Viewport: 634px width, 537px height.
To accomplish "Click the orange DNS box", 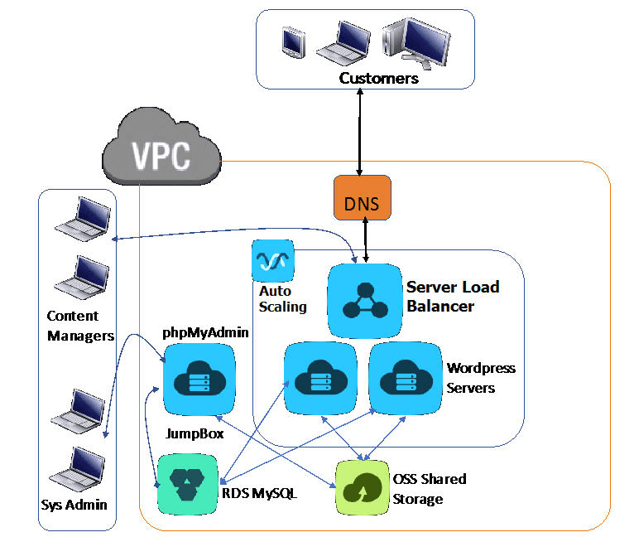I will tap(361, 199).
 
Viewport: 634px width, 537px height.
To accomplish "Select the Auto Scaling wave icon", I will tap(272, 261).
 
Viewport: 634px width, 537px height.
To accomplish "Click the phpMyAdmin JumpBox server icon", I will tap(199, 379).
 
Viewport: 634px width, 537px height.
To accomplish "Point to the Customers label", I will tap(378, 79).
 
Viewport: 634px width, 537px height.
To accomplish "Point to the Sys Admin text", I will tap(74, 505).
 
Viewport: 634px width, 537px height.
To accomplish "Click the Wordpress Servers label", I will tap(481, 377).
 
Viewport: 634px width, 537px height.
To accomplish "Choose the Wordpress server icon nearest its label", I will tap(405, 379).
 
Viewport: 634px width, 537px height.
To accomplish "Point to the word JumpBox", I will tap(195, 433).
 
